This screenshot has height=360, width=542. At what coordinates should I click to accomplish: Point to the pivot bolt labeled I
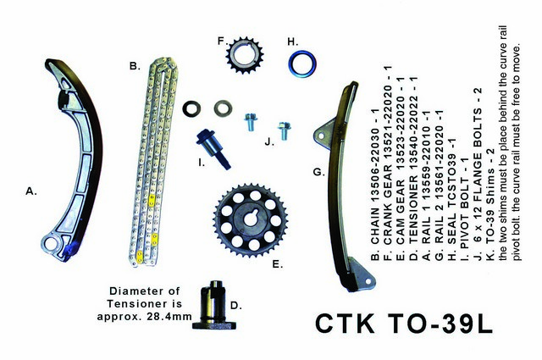click(213, 149)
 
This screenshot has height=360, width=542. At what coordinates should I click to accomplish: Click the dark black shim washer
click(191, 108)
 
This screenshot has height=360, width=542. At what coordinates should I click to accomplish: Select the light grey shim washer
click(223, 108)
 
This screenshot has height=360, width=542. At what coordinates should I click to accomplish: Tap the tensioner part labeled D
click(214, 305)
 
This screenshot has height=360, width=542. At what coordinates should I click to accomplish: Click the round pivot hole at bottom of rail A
click(53, 243)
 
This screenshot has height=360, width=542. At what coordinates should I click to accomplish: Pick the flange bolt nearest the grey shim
click(251, 122)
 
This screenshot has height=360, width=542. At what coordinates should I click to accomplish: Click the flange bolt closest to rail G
click(285, 130)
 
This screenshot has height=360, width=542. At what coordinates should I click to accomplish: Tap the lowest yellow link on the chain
click(139, 257)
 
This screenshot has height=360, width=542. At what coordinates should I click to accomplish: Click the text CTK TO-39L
click(404, 324)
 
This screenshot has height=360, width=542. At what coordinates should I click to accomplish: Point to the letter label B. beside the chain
click(135, 66)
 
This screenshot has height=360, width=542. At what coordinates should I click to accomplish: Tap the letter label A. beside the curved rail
click(31, 191)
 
